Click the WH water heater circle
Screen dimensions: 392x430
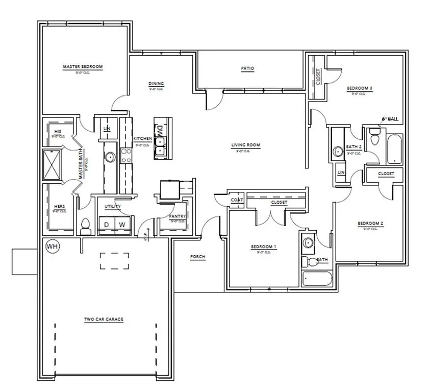click(x=52, y=246)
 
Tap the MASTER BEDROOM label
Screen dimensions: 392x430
click(x=83, y=67)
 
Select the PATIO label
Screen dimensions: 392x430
click(x=247, y=68)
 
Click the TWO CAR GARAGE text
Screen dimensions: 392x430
click(x=104, y=320)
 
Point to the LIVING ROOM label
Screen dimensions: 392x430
click(x=246, y=145)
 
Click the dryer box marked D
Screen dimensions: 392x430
click(x=107, y=225)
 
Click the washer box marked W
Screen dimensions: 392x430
click(x=122, y=225)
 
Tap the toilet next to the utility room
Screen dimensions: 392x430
click(x=85, y=226)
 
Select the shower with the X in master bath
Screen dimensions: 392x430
click(x=53, y=164)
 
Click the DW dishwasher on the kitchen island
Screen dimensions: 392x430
click(x=159, y=130)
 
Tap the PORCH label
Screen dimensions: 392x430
click(x=197, y=257)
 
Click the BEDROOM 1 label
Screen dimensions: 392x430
click(x=263, y=247)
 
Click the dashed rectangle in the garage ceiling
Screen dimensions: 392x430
click(x=114, y=261)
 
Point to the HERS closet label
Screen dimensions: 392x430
click(x=59, y=207)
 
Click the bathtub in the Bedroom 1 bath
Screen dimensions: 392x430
click(x=317, y=279)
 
